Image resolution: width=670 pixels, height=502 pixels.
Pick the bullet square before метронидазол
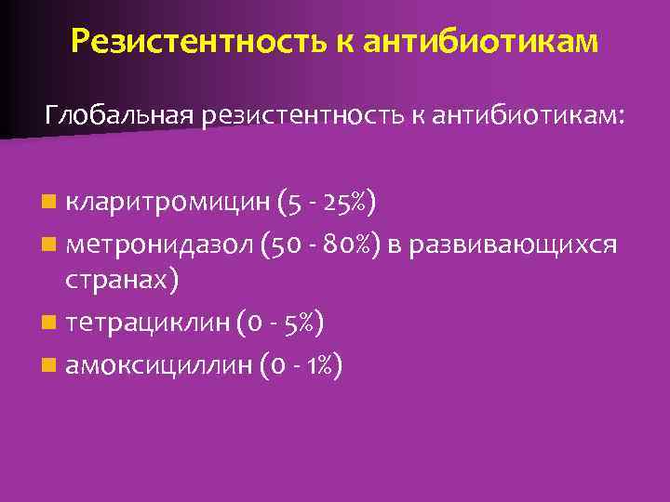[x=48, y=244]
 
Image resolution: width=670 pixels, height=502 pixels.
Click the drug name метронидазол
[x=158, y=244]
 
